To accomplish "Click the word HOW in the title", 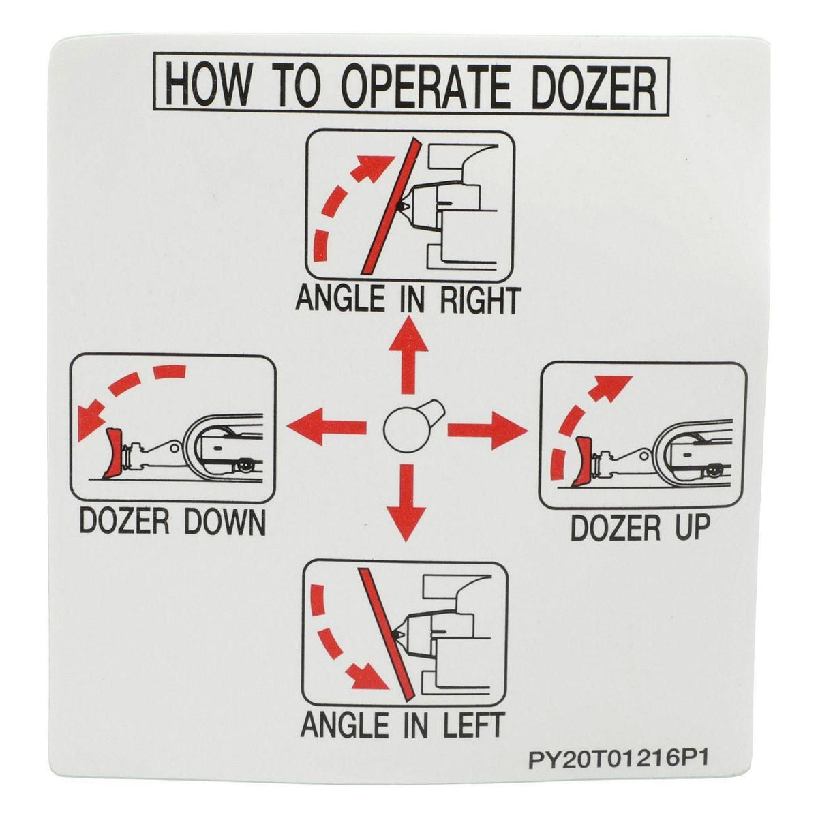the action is coord(207,84).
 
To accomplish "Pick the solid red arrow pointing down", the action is coord(407,503).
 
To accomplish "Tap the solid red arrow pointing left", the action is coord(327,427).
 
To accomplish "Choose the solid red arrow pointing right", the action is coord(487,431).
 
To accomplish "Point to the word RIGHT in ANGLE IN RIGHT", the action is coord(479,301).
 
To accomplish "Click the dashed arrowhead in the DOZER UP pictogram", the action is coord(616,387).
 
